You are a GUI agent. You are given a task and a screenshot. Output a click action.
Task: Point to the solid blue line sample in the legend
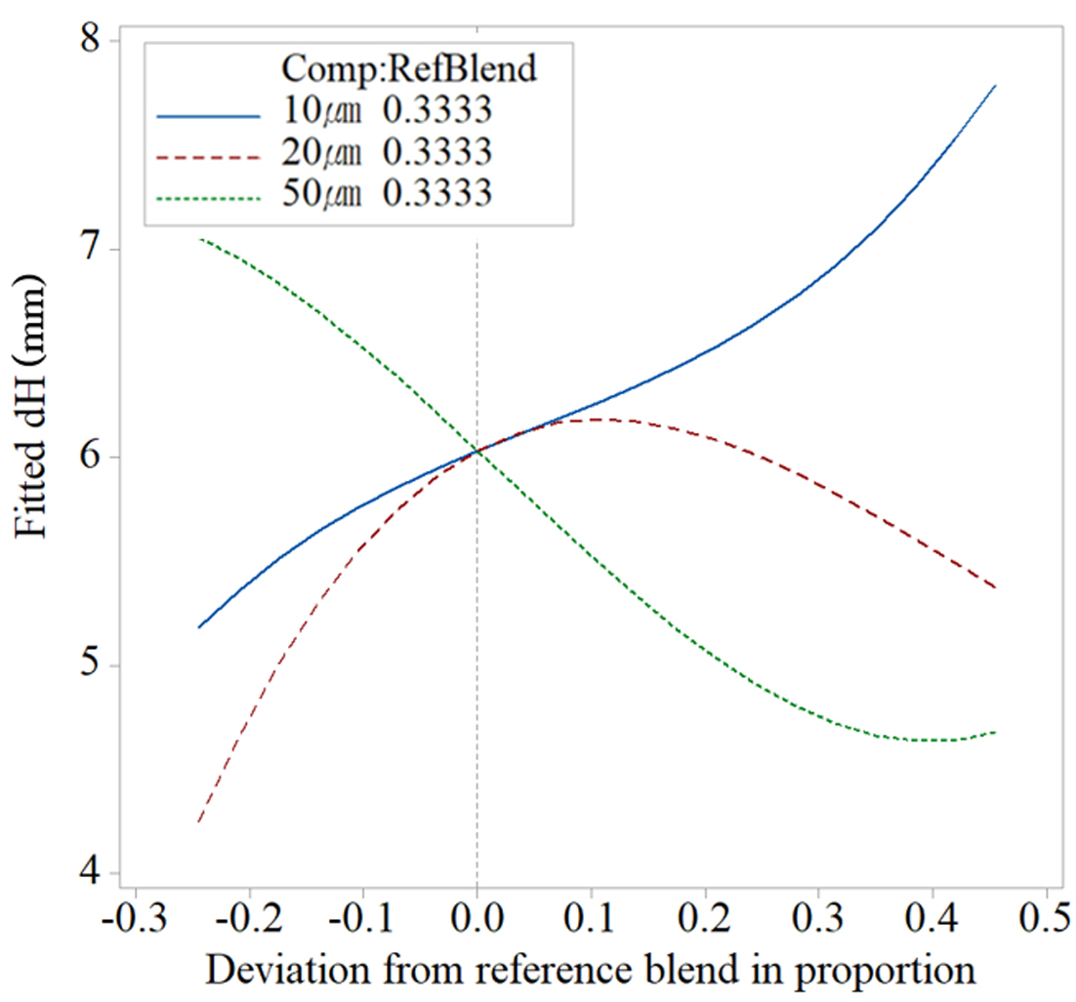click(209, 114)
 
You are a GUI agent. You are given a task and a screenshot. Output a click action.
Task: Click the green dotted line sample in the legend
click(209, 196)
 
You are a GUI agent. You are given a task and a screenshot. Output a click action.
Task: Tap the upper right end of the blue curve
click(994, 86)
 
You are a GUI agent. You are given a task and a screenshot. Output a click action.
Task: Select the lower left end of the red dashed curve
click(198, 822)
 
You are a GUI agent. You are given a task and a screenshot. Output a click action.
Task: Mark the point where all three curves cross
click(476, 451)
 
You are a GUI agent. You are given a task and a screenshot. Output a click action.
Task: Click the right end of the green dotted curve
click(994, 732)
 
